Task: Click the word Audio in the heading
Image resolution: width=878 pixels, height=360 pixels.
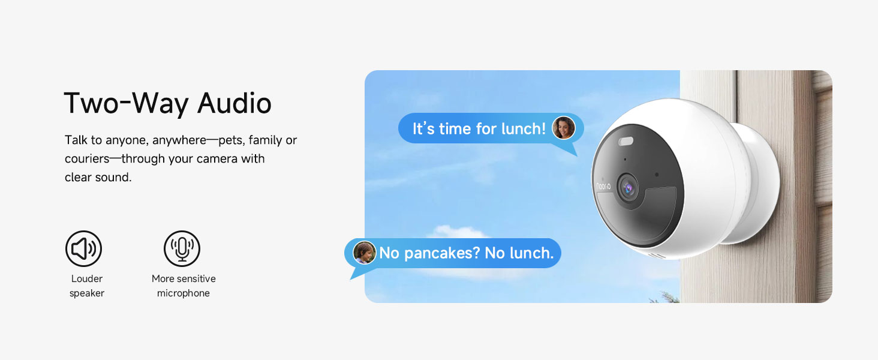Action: pos(234,103)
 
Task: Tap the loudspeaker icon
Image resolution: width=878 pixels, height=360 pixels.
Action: pos(83,248)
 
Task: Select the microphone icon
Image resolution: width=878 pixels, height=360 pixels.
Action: pos(182,248)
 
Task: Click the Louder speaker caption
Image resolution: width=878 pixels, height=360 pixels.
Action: pos(86,286)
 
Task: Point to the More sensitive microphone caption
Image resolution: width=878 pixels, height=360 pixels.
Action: pos(184,286)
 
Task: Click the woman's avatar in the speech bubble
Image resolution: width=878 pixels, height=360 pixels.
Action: pos(564,128)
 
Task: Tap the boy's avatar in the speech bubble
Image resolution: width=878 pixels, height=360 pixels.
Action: pos(364,253)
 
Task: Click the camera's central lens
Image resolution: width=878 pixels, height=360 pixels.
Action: pos(627,188)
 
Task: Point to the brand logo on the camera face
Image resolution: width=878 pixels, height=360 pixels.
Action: pos(603,186)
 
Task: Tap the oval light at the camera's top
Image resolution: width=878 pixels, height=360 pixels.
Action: pos(626,141)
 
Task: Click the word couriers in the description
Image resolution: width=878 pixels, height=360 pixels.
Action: pos(87,159)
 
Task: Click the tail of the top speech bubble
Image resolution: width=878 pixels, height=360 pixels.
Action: pos(571,149)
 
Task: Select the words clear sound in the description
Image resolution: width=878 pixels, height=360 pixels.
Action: pos(98,177)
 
